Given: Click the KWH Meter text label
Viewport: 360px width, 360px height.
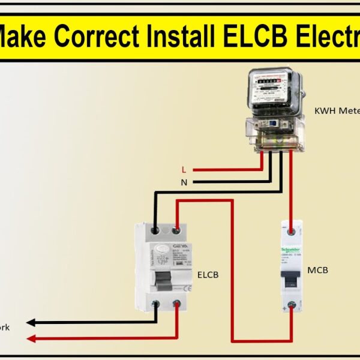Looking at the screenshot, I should [336, 111].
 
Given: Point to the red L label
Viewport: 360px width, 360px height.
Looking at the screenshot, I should [184, 170].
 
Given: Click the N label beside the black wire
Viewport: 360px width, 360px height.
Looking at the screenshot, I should [184, 181].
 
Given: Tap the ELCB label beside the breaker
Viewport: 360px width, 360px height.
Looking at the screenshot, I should [208, 275].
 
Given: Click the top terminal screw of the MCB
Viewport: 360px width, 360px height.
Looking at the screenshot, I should [292, 229].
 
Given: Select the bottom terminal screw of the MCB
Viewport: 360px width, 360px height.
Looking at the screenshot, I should [292, 304].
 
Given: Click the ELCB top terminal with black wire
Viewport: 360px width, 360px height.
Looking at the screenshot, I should [156, 229].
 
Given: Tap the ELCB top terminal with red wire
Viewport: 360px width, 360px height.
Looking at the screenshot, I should [176, 229].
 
